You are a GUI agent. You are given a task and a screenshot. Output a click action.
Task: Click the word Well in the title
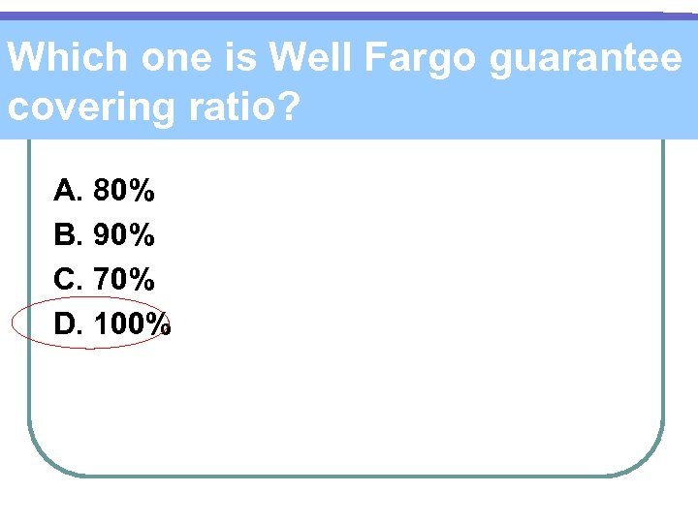309,58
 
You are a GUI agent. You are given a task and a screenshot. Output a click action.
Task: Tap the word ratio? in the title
238,106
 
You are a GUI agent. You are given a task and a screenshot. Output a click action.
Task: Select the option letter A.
68,191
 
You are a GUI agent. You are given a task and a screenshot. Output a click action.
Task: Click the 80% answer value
124,191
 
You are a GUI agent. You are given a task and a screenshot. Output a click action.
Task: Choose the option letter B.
68,235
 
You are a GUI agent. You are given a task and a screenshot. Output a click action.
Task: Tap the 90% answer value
124,235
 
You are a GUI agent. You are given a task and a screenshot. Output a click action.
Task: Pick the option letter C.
68,280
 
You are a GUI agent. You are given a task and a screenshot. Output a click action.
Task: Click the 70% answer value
124,280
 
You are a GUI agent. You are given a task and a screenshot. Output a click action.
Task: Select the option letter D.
68,324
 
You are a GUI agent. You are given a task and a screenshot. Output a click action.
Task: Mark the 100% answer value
133,324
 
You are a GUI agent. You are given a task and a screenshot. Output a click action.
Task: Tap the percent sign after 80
142,191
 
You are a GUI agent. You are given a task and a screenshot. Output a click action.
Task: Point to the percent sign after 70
142,280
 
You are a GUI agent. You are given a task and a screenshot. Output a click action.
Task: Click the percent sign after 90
142,235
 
